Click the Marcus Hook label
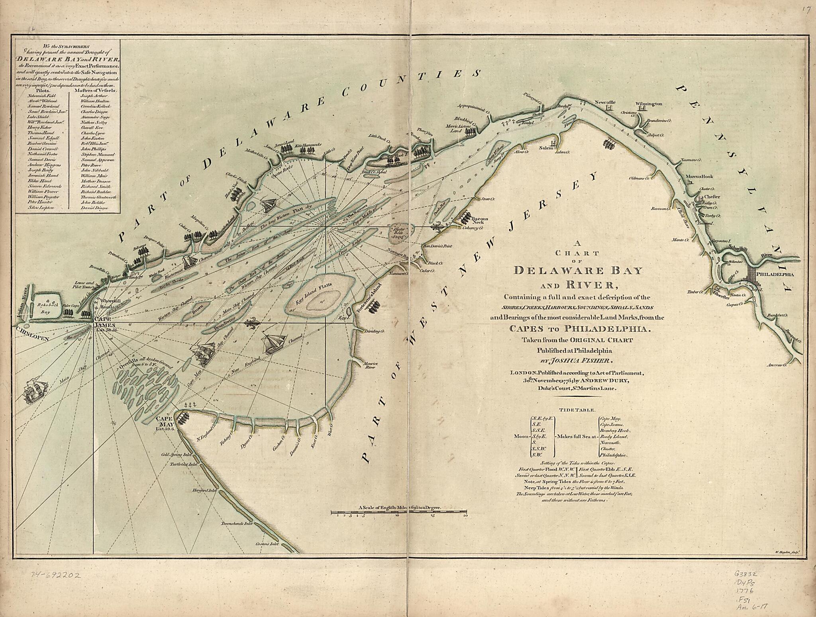[699, 176]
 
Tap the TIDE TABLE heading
[577, 410]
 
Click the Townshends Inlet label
[237, 524]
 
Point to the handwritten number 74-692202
[56, 575]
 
